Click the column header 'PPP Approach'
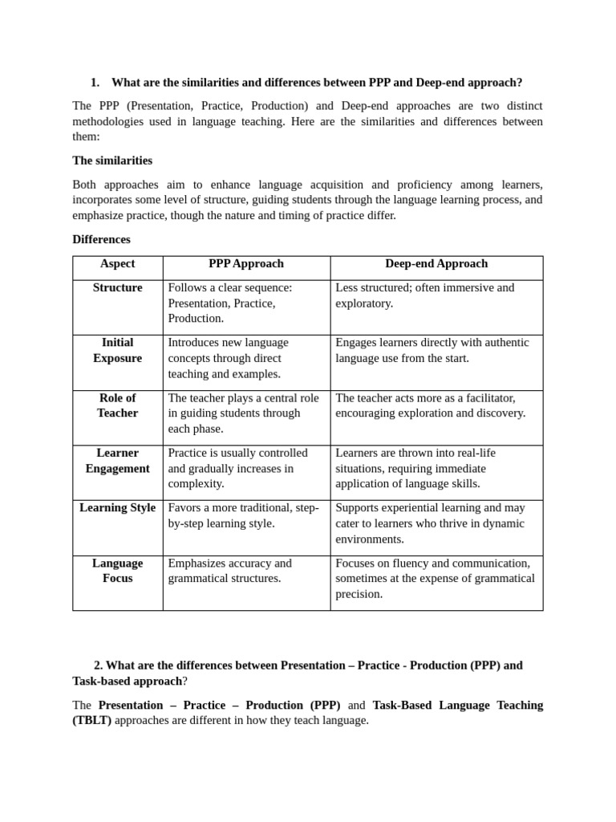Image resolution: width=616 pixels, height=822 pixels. click(245, 264)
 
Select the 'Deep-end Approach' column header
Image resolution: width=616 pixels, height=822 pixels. click(436, 264)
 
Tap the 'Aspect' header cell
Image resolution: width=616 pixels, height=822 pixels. click(117, 264)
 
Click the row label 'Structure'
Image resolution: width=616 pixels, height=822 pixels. click(117, 288)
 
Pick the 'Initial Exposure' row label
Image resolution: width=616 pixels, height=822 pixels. click(117, 351)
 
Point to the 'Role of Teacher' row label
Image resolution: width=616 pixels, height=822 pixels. click(117, 405)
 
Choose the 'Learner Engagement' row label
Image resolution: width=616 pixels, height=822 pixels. click(117, 461)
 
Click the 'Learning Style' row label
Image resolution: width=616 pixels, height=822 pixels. click(117, 508)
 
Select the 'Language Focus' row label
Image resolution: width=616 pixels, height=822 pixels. click(117, 571)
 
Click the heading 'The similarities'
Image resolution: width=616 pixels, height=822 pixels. click(112, 161)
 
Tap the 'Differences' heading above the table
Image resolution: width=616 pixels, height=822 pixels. click(101, 239)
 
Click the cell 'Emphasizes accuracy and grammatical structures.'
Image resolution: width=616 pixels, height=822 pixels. click(230, 571)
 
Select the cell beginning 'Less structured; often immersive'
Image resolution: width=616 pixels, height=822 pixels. click(425, 295)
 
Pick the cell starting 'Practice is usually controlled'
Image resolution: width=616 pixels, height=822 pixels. click(237, 468)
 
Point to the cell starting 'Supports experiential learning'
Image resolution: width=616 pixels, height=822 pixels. click(430, 523)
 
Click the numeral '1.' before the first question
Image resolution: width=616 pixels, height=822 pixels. click(95, 83)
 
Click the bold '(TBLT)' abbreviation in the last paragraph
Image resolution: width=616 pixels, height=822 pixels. click(92, 721)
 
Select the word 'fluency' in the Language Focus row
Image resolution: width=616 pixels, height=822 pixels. click(405, 564)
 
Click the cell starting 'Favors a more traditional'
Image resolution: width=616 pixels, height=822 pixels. click(243, 515)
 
